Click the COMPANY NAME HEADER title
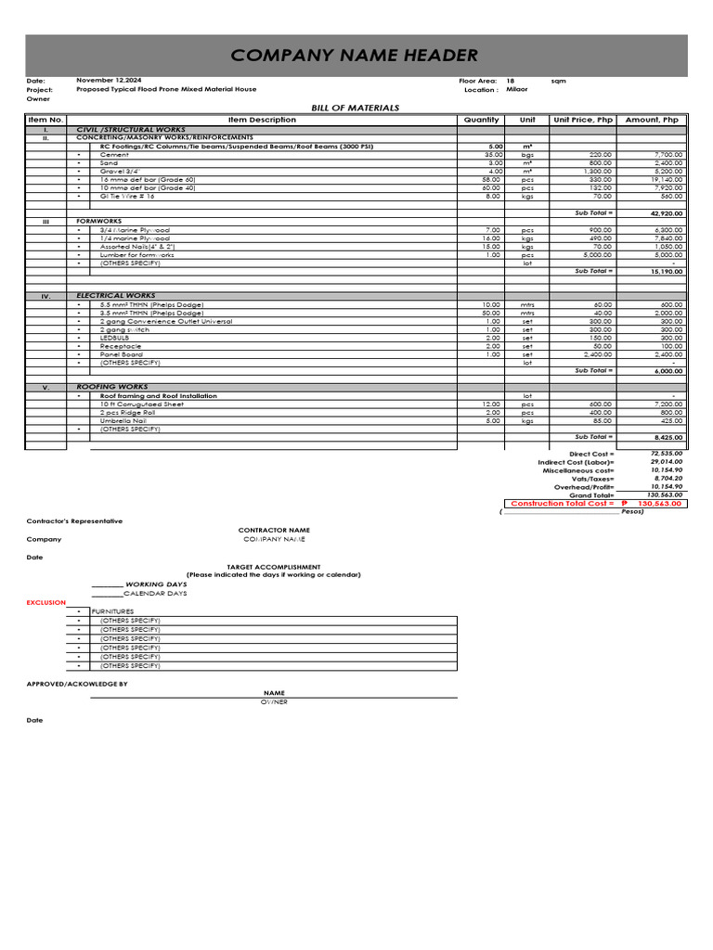click(355, 56)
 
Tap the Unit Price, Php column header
click(583, 120)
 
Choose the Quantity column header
click(481, 120)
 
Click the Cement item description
click(115, 154)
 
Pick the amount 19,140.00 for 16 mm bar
click(668, 179)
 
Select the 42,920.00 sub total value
click(666, 213)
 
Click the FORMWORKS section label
click(94, 222)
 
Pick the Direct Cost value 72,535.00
click(666, 454)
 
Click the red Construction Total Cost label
click(563, 503)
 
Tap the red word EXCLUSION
click(46, 602)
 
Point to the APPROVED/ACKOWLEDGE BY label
click(77, 684)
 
